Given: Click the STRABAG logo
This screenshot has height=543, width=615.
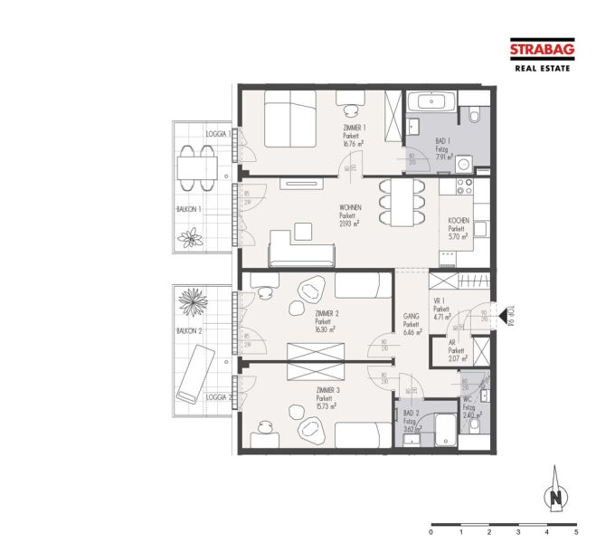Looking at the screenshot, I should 542,51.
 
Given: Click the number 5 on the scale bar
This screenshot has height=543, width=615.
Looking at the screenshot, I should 575,532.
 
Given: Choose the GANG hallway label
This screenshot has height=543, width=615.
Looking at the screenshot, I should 411,317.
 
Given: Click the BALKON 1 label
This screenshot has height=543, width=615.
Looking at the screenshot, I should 189,209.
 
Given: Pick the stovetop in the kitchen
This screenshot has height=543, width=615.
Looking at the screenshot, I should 463,186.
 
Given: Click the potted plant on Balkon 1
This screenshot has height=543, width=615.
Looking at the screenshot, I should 191,238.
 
